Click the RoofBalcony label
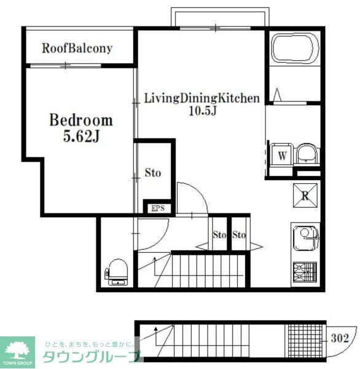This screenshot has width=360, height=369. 77,49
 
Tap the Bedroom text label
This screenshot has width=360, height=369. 81,120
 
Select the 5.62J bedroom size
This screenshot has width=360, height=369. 81,137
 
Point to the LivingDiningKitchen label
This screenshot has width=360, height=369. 202,98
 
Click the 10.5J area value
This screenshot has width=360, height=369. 203,111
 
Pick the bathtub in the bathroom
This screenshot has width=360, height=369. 295,49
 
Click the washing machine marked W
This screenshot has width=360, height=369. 282,156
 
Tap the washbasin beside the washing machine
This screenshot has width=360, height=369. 307,154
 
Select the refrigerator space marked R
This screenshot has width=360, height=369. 305,196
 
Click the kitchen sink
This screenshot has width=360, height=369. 305,238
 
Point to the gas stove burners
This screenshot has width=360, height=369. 305,272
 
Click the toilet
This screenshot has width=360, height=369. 117,272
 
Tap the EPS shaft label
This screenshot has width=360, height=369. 158,208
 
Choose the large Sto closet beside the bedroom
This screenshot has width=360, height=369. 153,172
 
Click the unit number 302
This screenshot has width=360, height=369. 340,338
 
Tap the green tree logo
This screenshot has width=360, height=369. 17,351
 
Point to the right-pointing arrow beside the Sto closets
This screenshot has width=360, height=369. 256,247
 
